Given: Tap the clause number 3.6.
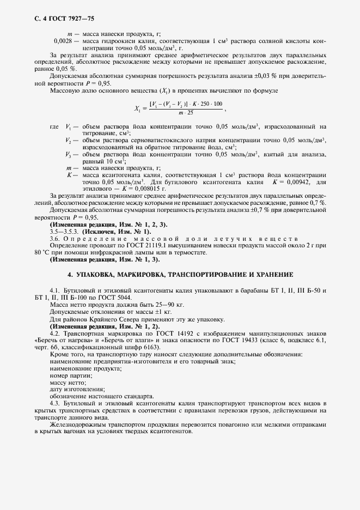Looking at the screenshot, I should (56, 238).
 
